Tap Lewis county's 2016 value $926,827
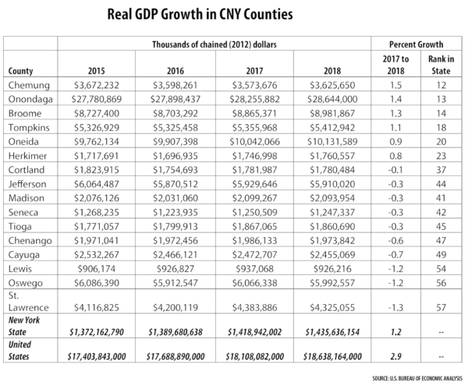point(169,267)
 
